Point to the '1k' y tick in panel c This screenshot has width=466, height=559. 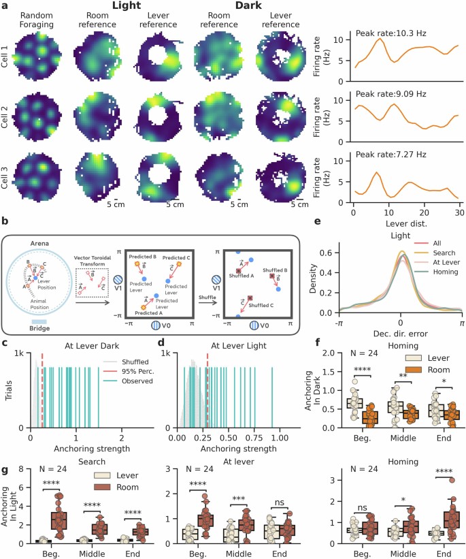click(21, 354)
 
